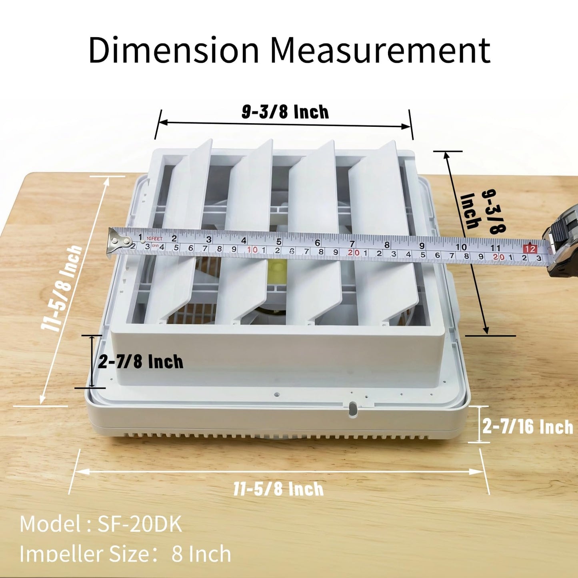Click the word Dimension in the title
[x=173, y=50]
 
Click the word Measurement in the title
[x=382, y=50]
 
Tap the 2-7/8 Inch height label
[x=140, y=362]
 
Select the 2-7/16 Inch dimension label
[x=528, y=427]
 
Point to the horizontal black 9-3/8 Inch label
[x=285, y=112]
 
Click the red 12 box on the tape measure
[x=530, y=249]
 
